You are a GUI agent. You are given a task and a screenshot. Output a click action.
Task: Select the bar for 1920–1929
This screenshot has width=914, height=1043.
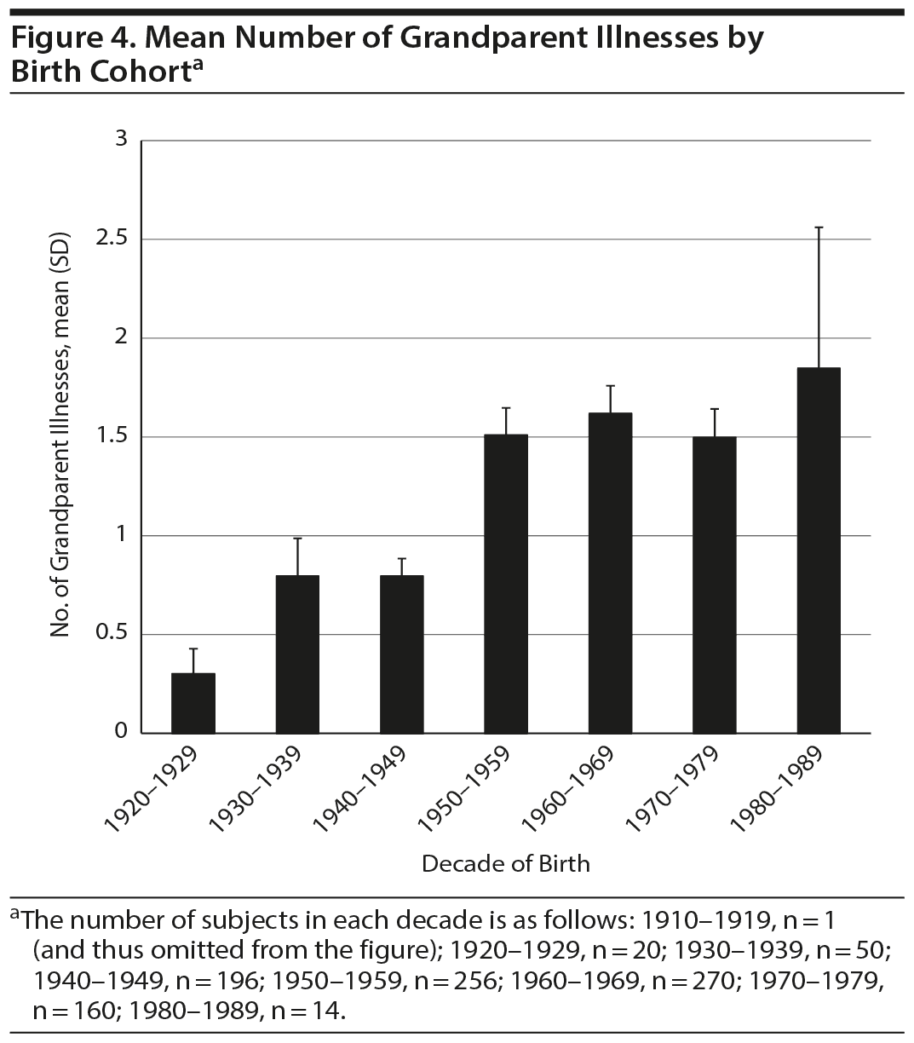[193, 703]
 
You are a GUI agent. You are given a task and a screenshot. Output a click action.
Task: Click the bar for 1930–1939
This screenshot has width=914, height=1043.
[297, 654]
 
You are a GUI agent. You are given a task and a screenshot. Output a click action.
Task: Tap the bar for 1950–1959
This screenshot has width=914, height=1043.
[506, 584]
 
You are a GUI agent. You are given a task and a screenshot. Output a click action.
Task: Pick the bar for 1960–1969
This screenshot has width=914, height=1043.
[610, 573]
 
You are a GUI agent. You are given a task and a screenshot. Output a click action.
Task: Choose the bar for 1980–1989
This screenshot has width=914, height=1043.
[819, 550]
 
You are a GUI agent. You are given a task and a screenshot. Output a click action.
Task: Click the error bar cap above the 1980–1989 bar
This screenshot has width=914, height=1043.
[819, 228]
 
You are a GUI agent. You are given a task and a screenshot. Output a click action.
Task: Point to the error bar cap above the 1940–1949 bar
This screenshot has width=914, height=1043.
[401, 559]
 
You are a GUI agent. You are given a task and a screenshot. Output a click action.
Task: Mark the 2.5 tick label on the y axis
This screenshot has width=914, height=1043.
[112, 238]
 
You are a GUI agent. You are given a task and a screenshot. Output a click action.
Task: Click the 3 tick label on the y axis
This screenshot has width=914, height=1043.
[121, 138]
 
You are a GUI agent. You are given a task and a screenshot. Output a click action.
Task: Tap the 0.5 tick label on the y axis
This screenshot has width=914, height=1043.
[112, 633]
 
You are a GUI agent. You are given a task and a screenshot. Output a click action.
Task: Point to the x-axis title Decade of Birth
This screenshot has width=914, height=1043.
[506, 863]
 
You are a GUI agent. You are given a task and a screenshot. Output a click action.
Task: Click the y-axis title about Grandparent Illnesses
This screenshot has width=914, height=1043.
[60, 435]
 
